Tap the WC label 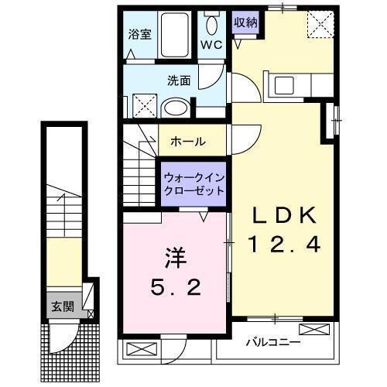[212, 45]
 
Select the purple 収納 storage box [245, 22]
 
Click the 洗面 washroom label [178, 79]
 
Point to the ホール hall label [188, 142]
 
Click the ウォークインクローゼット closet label [194, 183]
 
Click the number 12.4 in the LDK [284, 246]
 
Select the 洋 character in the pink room [174, 256]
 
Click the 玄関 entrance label [63, 307]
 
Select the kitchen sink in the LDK [282, 84]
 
